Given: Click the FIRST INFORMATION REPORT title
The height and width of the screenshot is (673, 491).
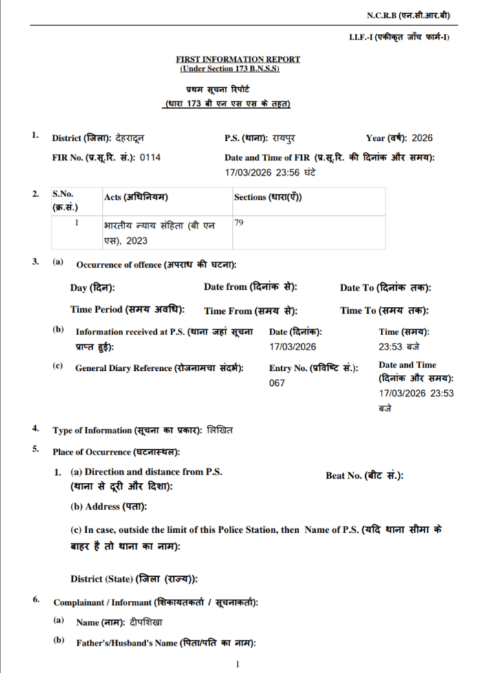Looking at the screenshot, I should pos(238,60).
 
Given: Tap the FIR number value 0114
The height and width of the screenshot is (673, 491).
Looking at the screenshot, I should pos(150,157).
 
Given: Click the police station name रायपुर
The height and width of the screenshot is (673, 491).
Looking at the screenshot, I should pos(281,138).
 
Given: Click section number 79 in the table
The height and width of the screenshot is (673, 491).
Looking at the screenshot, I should pos(239,223).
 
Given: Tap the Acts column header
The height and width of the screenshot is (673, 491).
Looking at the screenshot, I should pos(135,198).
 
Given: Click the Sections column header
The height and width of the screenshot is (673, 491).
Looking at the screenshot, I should pos(268,198).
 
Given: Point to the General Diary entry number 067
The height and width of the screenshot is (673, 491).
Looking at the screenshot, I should pos(276,383).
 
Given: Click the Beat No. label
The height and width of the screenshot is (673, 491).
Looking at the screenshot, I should pos(364,475).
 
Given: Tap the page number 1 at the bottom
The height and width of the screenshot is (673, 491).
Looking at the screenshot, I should pos(237,664).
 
